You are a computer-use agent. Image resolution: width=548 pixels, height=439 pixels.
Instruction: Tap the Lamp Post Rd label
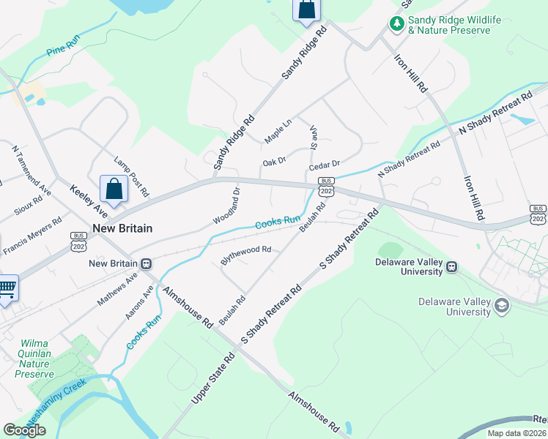(x=132, y=176)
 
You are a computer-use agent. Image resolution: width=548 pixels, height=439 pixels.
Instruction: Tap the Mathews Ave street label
(x=117, y=290)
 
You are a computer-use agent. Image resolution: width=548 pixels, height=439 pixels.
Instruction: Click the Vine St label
(x=313, y=138)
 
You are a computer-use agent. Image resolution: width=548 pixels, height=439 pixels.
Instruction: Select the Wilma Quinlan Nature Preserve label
(x=35, y=358)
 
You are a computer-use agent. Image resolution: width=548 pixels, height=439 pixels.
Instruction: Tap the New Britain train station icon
(x=147, y=263)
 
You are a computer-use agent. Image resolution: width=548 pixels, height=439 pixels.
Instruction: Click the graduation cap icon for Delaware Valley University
(x=502, y=305)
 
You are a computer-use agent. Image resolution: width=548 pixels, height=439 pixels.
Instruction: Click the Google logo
(x=24, y=430)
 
